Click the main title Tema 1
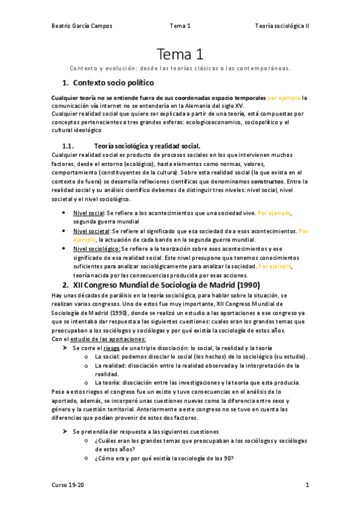180,55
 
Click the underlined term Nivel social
88,213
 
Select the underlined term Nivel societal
92,230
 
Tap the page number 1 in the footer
307,484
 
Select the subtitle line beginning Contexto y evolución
180,68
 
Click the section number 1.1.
68,146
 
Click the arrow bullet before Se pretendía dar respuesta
66,431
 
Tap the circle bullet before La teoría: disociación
88,382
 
